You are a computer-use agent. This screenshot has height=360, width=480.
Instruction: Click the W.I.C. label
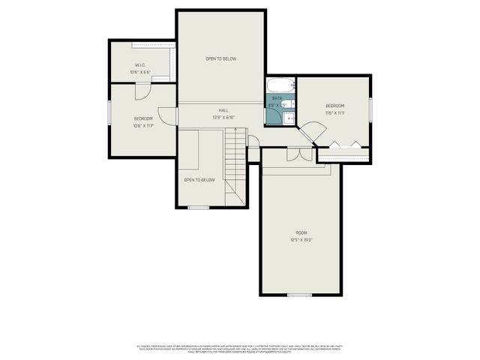(139, 65)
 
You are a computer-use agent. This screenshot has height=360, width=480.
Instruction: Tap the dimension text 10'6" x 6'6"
(139, 73)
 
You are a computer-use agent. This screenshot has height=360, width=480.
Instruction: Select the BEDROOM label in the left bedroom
(143, 118)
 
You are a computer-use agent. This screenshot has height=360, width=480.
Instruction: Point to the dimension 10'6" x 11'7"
(143, 126)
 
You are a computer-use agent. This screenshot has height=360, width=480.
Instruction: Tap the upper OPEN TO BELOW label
(221, 58)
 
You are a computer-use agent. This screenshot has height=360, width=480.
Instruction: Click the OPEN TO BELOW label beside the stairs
(199, 180)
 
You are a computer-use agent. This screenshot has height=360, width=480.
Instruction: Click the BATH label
(277, 98)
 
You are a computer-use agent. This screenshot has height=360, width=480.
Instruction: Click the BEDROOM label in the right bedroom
(334, 106)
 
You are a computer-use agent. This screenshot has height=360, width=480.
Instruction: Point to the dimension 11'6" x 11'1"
(334, 113)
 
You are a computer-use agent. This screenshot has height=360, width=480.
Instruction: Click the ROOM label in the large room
(301, 232)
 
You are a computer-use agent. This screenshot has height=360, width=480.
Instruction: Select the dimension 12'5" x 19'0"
(301, 240)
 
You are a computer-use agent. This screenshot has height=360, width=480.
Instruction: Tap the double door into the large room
(298, 154)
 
